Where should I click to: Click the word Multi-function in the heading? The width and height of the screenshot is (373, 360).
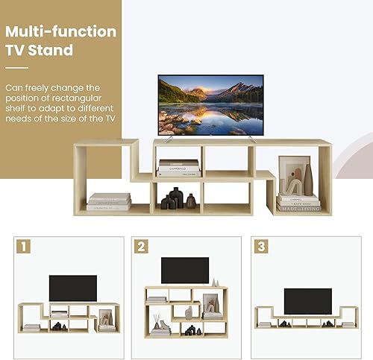click(x=61, y=32)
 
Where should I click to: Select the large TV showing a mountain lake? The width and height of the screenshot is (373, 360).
click(x=210, y=104)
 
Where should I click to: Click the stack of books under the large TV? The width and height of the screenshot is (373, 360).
click(x=179, y=167)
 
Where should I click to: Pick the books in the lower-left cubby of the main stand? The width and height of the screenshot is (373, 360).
click(x=109, y=201)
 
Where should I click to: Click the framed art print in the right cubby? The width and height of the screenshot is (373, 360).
click(x=292, y=174)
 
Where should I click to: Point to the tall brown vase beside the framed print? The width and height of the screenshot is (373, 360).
click(x=307, y=180)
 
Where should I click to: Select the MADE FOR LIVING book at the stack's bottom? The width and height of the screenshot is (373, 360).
click(x=298, y=208)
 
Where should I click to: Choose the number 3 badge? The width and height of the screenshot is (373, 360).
click(x=260, y=245)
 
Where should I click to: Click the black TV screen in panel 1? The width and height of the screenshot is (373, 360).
click(x=72, y=288)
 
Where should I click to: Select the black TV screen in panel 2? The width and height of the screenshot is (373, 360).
click(x=184, y=270)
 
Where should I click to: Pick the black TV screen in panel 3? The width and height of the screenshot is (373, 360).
click(x=307, y=300)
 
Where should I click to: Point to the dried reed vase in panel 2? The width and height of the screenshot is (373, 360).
click(x=157, y=322)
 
